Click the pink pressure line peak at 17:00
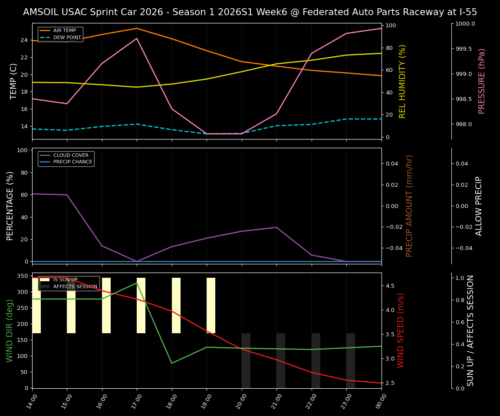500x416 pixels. pos(137,38)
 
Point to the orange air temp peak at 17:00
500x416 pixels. pos(137,28)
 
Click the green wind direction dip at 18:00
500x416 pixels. pos(172,363)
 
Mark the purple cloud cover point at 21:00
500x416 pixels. pos(276,227)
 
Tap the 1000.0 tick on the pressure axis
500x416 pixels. pos(465,24)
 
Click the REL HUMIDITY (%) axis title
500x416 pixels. pos(402,81)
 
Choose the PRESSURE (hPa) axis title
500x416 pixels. pos(482,81)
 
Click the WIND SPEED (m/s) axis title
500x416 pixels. pos(401,330)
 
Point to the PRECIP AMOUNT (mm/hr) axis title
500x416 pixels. pos(409,206)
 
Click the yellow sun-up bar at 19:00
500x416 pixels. pos(211,305)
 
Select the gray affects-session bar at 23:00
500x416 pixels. pos(351,361)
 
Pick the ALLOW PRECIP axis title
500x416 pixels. pos(479,206)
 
